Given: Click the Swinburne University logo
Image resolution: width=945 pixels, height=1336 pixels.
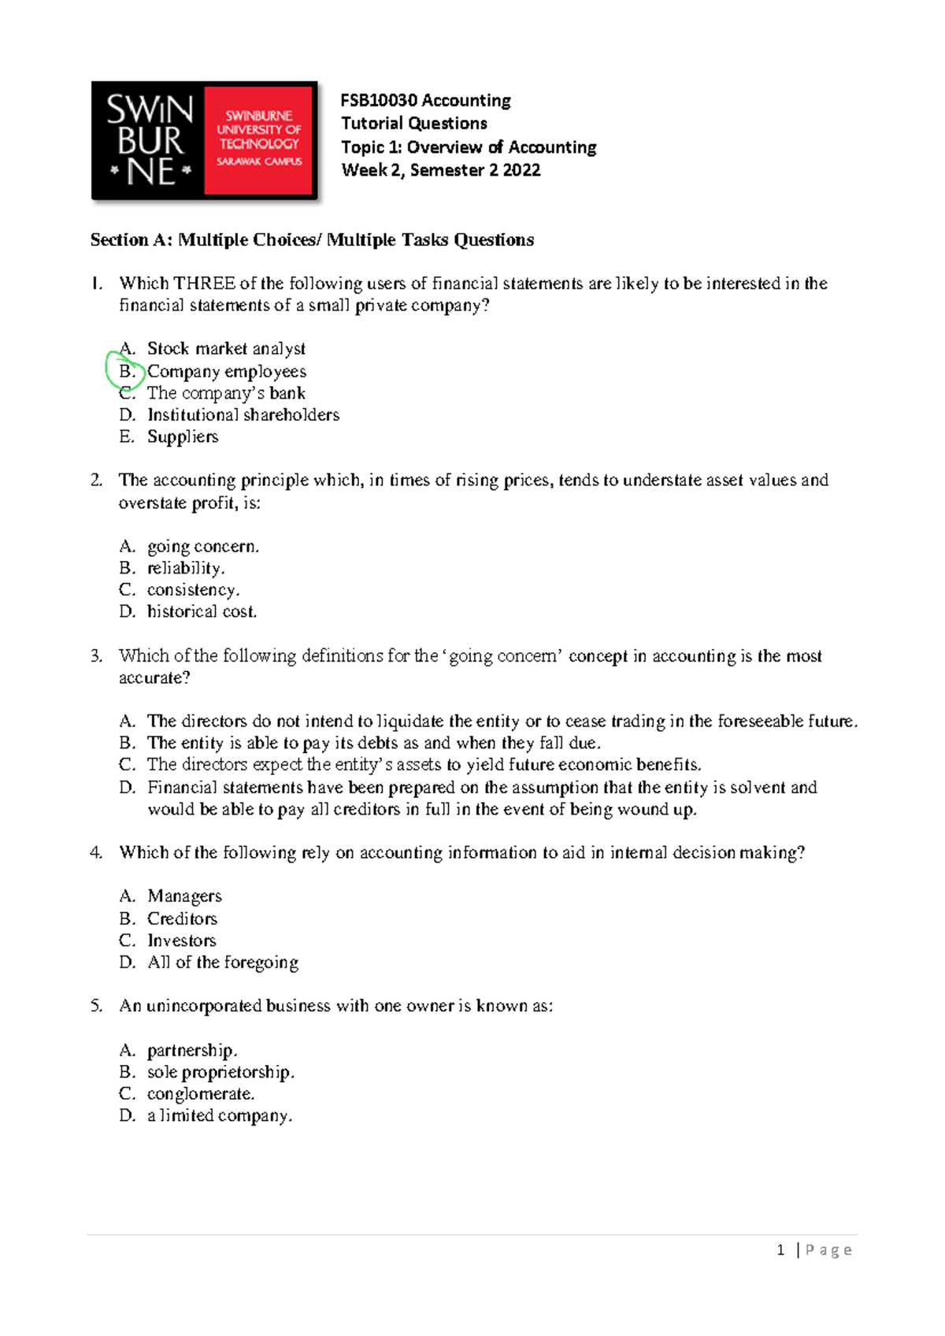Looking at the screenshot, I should pyautogui.click(x=204, y=141).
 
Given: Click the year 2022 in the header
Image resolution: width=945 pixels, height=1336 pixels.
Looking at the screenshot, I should pyautogui.click(x=521, y=170).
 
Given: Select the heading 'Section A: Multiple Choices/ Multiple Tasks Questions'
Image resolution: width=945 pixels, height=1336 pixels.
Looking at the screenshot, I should pyautogui.click(x=312, y=240).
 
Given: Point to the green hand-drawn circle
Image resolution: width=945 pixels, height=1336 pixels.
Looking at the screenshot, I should pyautogui.click(x=124, y=370).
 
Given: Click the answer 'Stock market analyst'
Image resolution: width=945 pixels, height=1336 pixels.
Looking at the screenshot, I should pyautogui.click(x=226, y=348).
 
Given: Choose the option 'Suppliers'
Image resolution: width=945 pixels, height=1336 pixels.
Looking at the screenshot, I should pyautogui.click(x=183, y=436).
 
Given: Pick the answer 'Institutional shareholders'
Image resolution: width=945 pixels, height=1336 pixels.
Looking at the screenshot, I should pyautogui.click(x=243, y=414).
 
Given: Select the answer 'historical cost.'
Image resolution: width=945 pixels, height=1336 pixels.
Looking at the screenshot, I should pyautogui.click(x=202, y=611).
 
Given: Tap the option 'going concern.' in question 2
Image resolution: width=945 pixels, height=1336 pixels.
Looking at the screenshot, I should pyautogui.click(x=203, y=546).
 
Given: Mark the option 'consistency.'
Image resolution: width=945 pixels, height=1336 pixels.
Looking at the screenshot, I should pyautogui.click(x=193, y=590).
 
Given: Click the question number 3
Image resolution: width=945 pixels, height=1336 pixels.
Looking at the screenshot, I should pyautogui.click(x=96, y=656).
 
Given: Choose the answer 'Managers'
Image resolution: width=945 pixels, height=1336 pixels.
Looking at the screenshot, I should pyautogui.click(x=184, y=896).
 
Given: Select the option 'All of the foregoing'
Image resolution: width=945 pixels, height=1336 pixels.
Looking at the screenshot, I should pyautogui.click(x=223, y=963).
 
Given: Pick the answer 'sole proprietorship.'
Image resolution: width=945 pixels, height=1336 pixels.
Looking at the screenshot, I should pyautogui.click(x=220, y=1072).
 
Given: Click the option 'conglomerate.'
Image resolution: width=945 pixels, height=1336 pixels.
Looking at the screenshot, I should pyautogui.click(x=201, y=1094).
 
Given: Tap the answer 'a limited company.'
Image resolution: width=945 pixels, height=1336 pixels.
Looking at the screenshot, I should pyautogui.click(x=220, y=1115).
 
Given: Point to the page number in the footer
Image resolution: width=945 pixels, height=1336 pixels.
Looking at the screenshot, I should pyautogui.click(x=780, y=1250).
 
